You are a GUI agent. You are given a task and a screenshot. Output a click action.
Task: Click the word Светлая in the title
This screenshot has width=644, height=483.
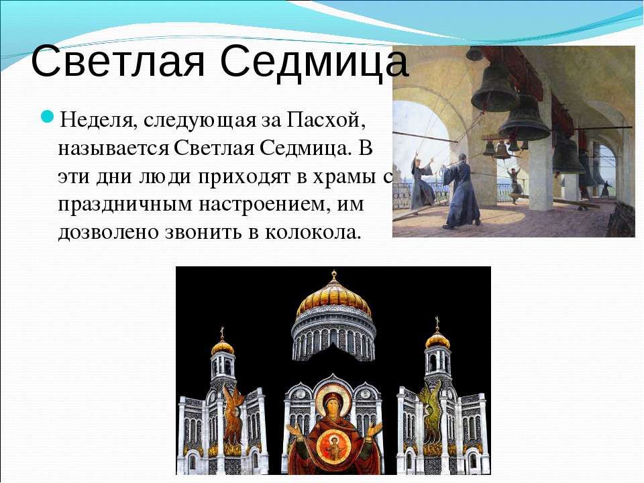click(117, 62)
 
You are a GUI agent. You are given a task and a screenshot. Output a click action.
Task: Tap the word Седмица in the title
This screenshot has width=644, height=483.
click(314, 62)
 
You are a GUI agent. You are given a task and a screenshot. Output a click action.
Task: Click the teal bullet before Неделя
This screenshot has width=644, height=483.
click(47, 117)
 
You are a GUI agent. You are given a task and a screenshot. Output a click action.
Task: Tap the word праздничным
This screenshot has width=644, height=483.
click(125, 204)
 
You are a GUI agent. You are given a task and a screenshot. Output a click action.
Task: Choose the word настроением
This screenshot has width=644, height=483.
click(264, 204)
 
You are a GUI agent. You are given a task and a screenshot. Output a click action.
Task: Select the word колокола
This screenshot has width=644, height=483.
click(313, 233)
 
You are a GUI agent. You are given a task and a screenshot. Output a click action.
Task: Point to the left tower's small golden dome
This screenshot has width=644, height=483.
click(223, 347)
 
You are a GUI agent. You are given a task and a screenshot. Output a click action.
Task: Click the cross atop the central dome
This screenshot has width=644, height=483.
click(334, 274)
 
